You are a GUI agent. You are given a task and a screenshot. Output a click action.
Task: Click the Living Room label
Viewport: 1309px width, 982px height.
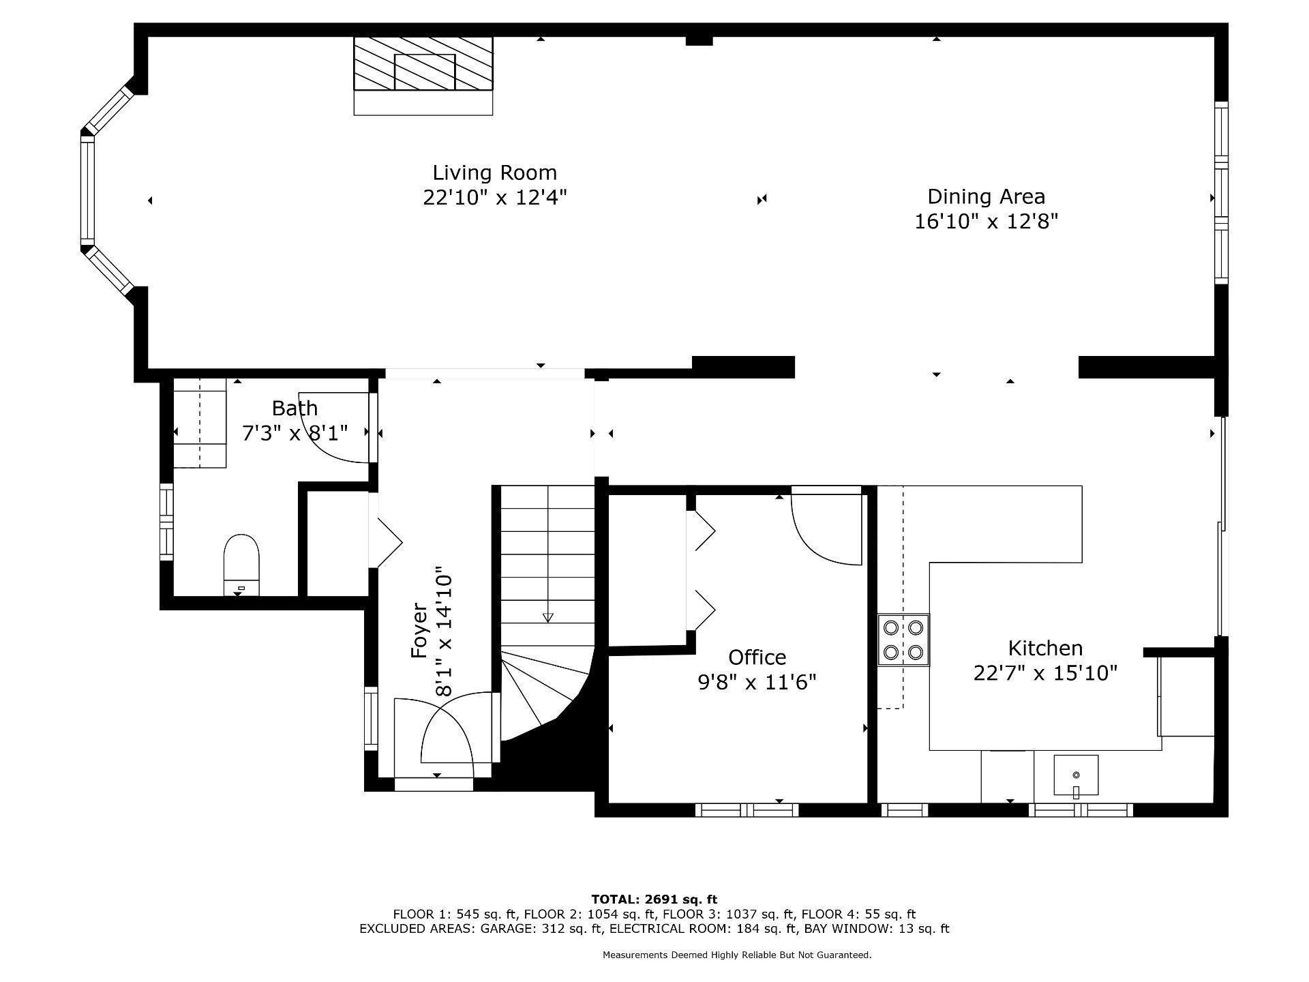[x=494, y=173]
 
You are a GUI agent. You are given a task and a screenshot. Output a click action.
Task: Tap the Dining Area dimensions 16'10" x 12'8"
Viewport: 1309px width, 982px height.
[x=986, y=222]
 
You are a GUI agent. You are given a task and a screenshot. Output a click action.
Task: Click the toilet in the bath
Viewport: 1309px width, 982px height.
[x=241, y=563]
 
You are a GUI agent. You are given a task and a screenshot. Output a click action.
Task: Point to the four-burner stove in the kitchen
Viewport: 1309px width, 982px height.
[x=903, y=640]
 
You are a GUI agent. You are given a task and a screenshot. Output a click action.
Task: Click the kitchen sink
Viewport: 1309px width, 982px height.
[x=1076, y=775]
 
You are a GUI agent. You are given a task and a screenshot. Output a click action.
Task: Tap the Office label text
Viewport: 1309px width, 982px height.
[x=757, y=657]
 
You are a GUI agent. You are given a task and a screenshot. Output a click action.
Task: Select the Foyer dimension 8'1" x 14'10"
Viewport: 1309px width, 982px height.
[x=444, y=631]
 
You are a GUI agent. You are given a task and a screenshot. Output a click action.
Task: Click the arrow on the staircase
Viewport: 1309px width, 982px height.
[x=547, y=616]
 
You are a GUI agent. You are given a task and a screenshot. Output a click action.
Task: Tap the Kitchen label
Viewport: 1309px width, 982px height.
[x=1045, y=648]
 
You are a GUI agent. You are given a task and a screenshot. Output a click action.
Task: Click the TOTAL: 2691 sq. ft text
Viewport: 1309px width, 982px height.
[x=654, y=899]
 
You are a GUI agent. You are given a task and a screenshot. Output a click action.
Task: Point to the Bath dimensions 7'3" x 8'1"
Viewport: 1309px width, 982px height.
[x=295, y=432]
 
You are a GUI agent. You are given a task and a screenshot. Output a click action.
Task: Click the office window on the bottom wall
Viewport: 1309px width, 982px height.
[x=747, y=810]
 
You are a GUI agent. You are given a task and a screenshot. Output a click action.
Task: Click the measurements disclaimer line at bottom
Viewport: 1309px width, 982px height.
[x=736, y=955]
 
